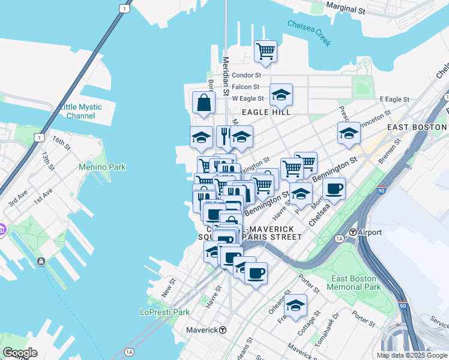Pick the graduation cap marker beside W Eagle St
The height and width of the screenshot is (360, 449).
(281, 94)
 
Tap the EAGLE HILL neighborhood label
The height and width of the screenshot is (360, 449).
(266, 112)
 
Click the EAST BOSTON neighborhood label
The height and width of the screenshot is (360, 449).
(417, 127)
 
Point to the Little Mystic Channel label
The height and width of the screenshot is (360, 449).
(81, 111)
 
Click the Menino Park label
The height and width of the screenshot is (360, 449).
(102, 167)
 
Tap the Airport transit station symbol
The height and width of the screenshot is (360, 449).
(354, 232)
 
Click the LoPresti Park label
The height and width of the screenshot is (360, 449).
(164, 312)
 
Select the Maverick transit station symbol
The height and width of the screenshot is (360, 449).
(222, 329)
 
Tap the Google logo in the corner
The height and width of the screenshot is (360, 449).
(19, 353)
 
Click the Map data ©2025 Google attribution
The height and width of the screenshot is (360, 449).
(412, 355)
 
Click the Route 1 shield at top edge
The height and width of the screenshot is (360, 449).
(124, 8)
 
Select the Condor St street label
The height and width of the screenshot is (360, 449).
(246, 76)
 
